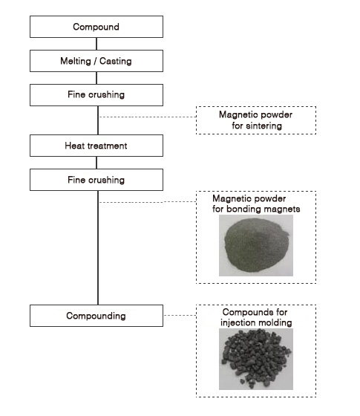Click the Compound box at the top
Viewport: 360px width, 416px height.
click(96, 27)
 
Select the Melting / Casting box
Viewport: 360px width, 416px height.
click(96, 61)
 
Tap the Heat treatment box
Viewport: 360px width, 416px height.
click(96, 146)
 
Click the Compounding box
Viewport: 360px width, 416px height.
click(96, 316)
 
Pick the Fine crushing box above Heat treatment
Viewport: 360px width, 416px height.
click(96, 95)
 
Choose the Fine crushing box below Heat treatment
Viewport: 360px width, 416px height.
click(96, 180)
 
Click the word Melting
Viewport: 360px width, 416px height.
click(76, 61)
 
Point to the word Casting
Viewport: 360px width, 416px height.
click(116, 61)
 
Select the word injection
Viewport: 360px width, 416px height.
click(238, 322)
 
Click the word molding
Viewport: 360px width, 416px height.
click(275, 322)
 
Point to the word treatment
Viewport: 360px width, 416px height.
click(108, 146)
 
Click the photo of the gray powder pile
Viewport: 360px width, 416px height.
click(256, 245)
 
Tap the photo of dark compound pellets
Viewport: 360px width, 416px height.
click(256, 359)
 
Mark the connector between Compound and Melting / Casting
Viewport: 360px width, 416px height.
click(96, 44)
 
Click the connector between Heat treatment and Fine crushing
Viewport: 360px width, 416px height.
click(96, 163)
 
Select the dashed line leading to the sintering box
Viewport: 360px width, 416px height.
click(148, 117)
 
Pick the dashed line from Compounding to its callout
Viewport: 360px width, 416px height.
click(180, 315)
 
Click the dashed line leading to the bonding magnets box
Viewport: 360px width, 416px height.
click(148, 202)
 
